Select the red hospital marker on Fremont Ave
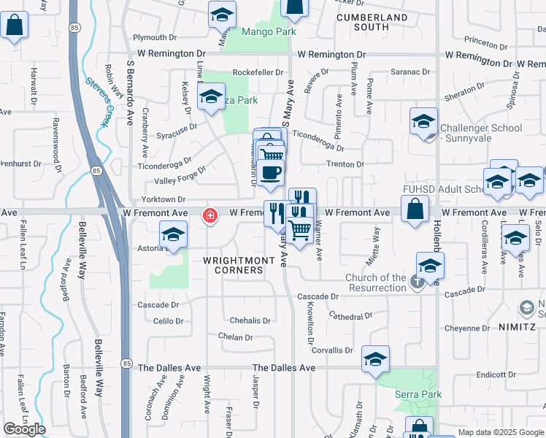pyautogui.click(x=210, y=215)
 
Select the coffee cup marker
pyautogui.click(x=270, y=172)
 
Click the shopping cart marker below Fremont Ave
pyautogui.click(x=299, y=230)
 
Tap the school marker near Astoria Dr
pyautogui.click(x=173, y=234)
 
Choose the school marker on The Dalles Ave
pyautogui.click(x=375, y=359)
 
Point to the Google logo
pyautogui.click(x=24, y=429)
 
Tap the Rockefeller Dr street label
pyautogui.click(x=258, y=72)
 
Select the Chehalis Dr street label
pyautogui.click(x=250, y=320)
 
